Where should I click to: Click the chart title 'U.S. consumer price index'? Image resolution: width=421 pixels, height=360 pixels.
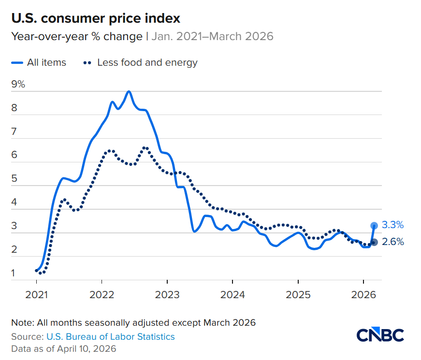96,19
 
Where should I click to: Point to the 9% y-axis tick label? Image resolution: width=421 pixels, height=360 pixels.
18,84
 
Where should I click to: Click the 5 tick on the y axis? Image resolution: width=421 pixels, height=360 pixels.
15,179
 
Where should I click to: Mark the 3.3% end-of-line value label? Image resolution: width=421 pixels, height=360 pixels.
392,225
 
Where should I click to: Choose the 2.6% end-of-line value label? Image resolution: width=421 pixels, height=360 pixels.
392,242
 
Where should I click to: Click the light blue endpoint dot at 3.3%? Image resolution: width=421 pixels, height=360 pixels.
374,225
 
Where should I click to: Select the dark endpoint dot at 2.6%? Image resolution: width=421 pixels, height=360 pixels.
374,242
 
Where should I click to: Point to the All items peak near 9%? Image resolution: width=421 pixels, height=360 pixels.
129,91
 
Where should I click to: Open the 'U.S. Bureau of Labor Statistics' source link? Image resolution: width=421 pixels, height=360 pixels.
111,336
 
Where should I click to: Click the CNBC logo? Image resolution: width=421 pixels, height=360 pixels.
380,335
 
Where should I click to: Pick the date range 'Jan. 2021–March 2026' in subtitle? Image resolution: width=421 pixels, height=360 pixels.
213,36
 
